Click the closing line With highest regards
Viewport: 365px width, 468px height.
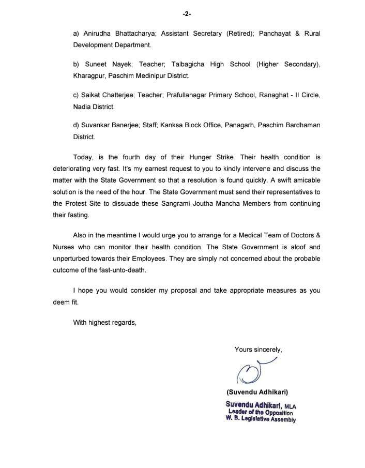(104, 323)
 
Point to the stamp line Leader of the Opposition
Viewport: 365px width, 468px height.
(260, 412)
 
